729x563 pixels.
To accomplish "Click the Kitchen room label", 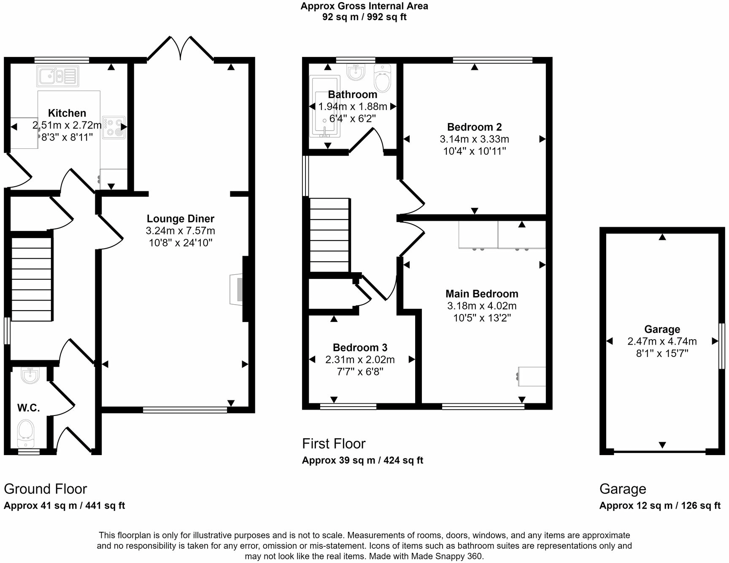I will (67, 113).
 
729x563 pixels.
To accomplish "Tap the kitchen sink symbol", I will (57, 77).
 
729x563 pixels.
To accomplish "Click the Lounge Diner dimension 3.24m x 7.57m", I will (181, 231).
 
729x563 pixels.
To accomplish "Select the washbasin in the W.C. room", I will (30, 375).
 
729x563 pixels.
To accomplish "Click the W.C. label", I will (28, 408).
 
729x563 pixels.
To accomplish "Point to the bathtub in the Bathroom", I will (325, 107).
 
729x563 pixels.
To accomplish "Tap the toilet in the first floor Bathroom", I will (383, 78).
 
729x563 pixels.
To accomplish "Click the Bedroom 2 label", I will (474, 127).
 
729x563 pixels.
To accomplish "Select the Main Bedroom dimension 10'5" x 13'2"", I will (482, 318).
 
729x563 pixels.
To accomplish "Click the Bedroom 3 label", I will (360, 347).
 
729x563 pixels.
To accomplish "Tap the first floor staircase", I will (330, 235).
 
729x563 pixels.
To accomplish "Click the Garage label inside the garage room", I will (662, 329).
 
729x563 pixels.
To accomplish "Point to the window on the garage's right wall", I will (721, 346).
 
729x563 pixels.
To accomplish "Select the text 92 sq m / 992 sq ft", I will (364, 17).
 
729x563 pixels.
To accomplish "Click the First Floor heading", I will (334, 443).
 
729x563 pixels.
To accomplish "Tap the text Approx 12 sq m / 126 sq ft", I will (660, 505).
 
